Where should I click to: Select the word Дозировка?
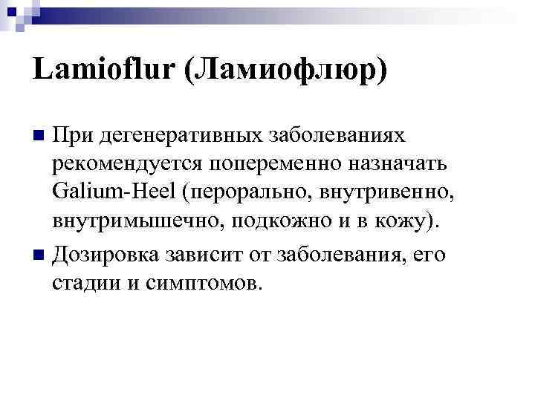click(x=105, y=255)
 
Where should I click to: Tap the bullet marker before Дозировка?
click(x=40, y=255)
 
